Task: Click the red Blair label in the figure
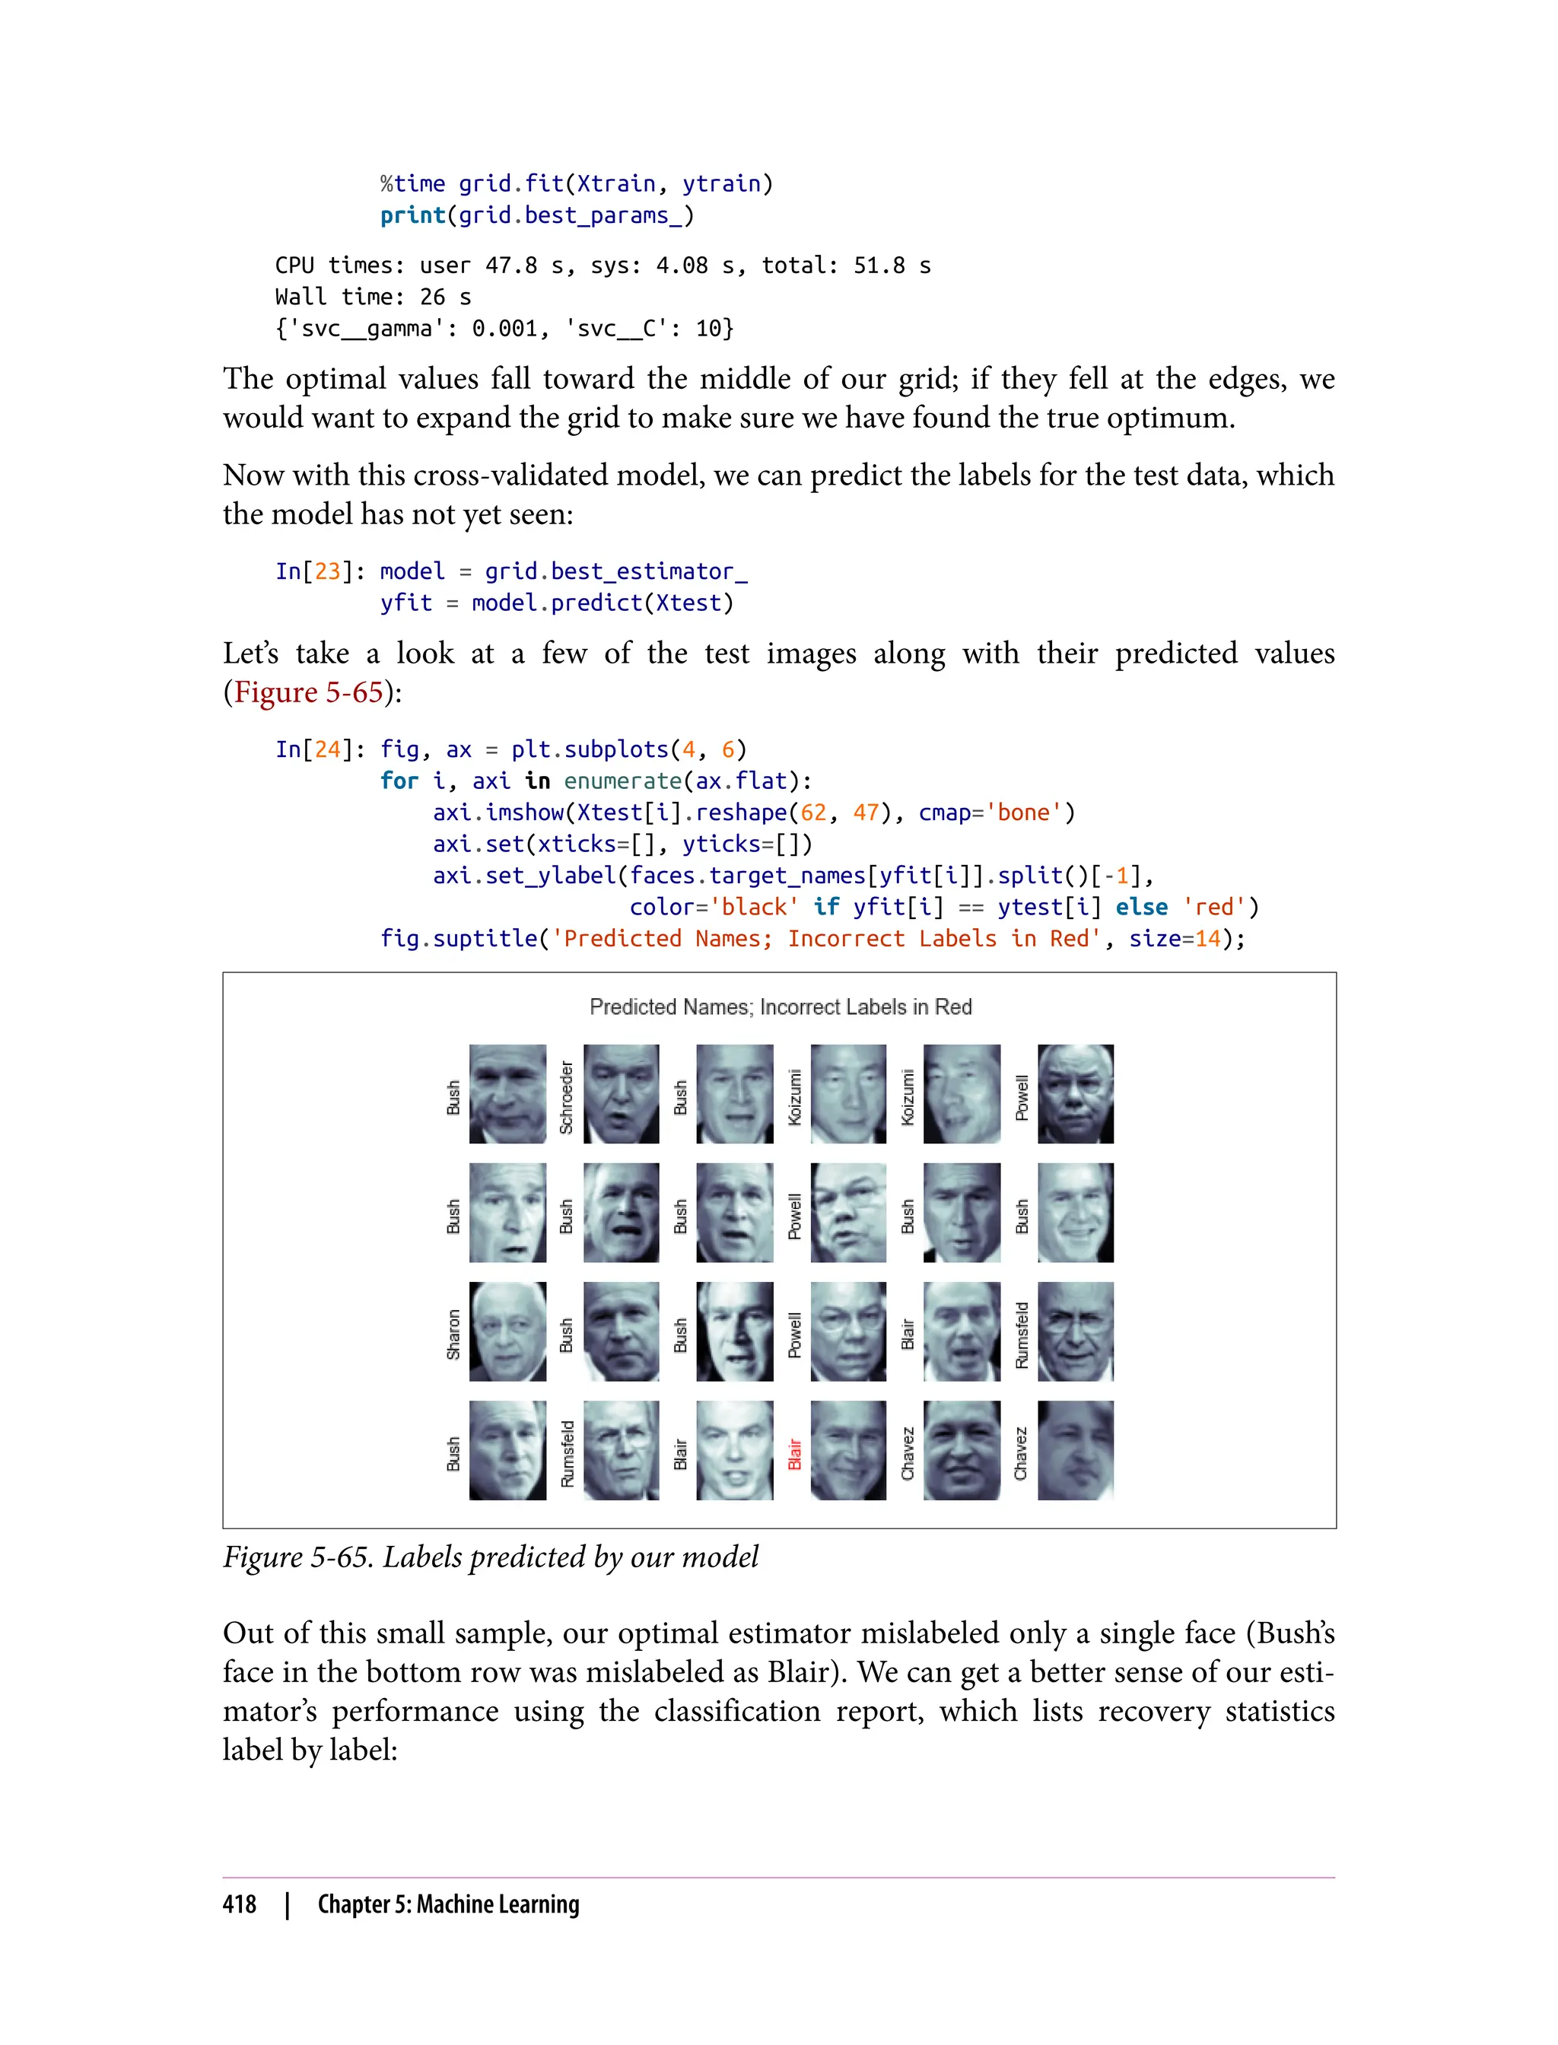pos(795,1453)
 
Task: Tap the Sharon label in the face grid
pos(453,1334)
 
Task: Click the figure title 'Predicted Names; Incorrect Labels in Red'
pos(780,1007)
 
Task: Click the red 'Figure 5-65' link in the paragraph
pos(309,692)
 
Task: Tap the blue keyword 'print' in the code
pos(412,215)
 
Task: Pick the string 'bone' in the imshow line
pos(1023,813)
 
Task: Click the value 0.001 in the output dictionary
pos(504,329)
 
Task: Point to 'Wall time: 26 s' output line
pos(373,297)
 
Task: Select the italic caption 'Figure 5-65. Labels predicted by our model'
pos(491,1557)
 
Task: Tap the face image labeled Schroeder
pos(622,1094)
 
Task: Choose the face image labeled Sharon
pos(507,1332)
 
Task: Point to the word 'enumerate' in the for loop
pos(622,781)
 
